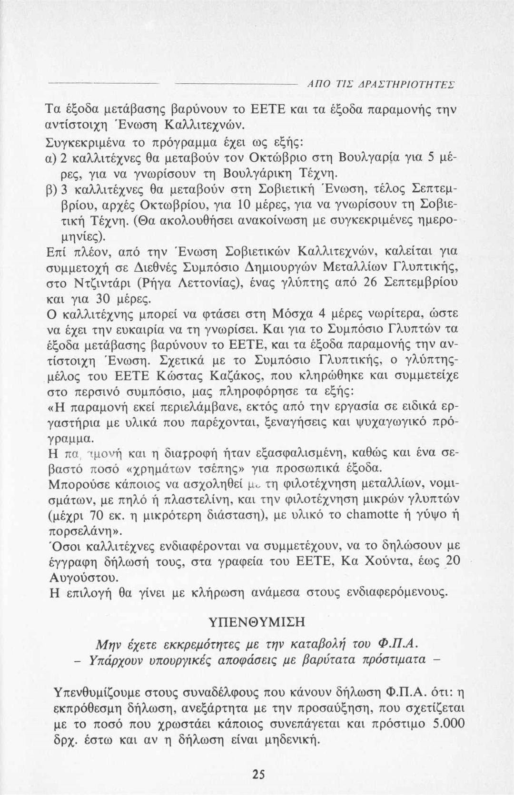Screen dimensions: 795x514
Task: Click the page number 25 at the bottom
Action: [257, 774]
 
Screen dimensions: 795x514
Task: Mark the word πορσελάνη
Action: [78, 530]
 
